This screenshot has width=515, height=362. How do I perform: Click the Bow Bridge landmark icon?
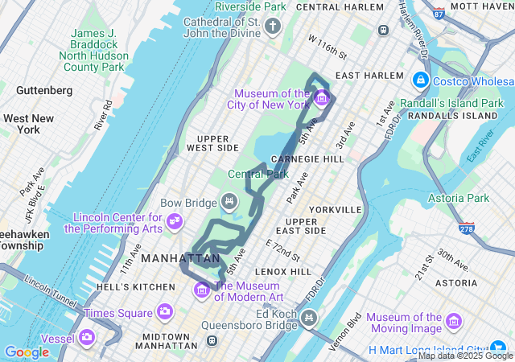229,199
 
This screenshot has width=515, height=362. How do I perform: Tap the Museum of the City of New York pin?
322,99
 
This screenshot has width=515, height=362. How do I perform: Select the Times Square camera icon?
165,311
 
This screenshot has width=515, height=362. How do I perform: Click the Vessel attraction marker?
86,337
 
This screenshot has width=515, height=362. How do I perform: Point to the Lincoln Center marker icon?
175,220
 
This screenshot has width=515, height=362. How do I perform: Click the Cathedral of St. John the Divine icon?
274,28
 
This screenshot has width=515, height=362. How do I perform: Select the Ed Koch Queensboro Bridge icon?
308,320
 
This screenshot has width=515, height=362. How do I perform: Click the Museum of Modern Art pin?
201,289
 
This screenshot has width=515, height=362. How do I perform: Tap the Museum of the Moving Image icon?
454,323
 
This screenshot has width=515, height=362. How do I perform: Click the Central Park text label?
257,174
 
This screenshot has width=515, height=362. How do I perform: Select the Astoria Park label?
460,198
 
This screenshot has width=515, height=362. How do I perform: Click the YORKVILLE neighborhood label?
335,209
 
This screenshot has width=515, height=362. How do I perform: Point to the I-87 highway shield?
438,13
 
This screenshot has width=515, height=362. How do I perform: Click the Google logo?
27,352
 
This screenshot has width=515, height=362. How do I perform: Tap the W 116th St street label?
327,47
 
